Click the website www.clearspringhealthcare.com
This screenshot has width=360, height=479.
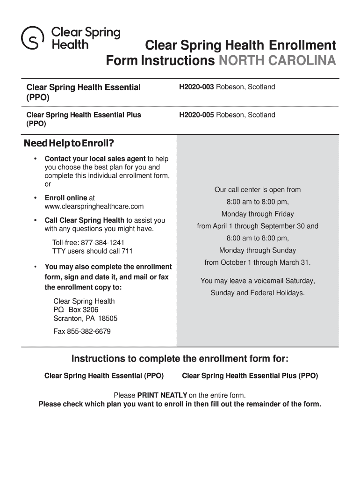click(x=94, y=206)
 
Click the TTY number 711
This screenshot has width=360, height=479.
click(x=127, y=251)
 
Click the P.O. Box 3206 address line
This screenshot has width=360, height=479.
click(x=76, y=310)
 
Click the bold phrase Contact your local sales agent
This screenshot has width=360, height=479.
click(x=95, y=159)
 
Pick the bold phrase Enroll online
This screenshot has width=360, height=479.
click(x=66, y=198)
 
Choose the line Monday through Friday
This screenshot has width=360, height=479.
click(x=258, y=214)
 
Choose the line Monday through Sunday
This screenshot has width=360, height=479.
click(x=258, y=250)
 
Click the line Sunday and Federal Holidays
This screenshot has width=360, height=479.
click(x=258, y=293)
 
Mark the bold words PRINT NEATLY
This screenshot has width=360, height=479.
click(x=162, y=395)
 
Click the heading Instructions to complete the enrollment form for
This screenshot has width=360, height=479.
click(x=180, y=359)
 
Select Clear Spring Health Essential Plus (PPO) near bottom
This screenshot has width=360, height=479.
click(x=250, y=376)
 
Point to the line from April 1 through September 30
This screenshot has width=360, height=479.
click(x=258, y=226)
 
